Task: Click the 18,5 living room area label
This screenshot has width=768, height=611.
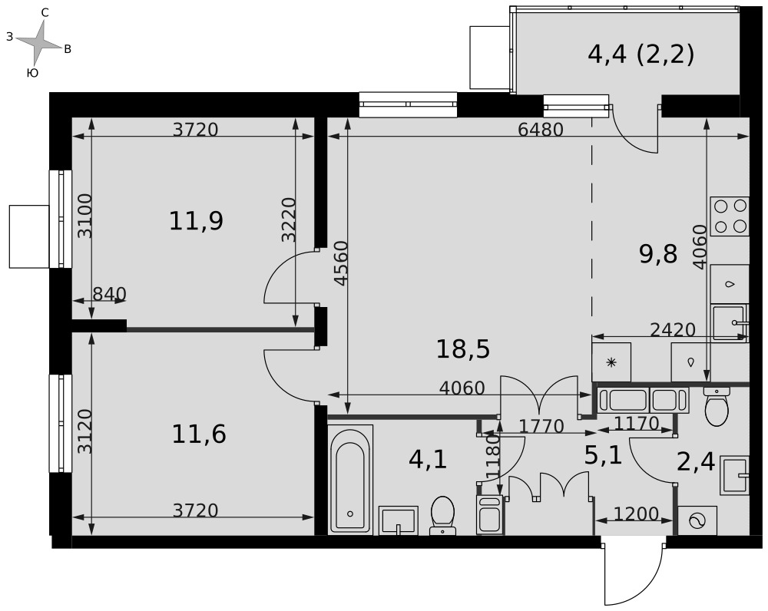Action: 463,349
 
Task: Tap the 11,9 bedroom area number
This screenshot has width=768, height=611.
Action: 196,221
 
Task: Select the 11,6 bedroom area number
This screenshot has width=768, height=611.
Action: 199,434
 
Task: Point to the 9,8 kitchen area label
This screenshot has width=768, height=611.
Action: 658,254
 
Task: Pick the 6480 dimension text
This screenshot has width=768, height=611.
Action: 541,130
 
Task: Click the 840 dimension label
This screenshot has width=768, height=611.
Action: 110,294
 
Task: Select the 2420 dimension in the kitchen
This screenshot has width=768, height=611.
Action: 673,330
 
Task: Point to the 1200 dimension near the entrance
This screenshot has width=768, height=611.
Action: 636,514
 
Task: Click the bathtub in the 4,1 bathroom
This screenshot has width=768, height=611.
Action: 350,479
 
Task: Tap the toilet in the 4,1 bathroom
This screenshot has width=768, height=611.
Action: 443,516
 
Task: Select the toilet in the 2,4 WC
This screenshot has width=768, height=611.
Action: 717,406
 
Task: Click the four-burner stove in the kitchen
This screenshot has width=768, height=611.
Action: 730,216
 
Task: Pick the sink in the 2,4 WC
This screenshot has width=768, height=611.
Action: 735,475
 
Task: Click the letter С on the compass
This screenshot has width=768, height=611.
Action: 45,13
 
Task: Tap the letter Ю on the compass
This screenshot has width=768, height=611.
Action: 32,74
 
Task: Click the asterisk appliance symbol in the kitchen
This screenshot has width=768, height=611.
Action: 611,362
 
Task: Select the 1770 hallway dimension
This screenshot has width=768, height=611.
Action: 541,427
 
